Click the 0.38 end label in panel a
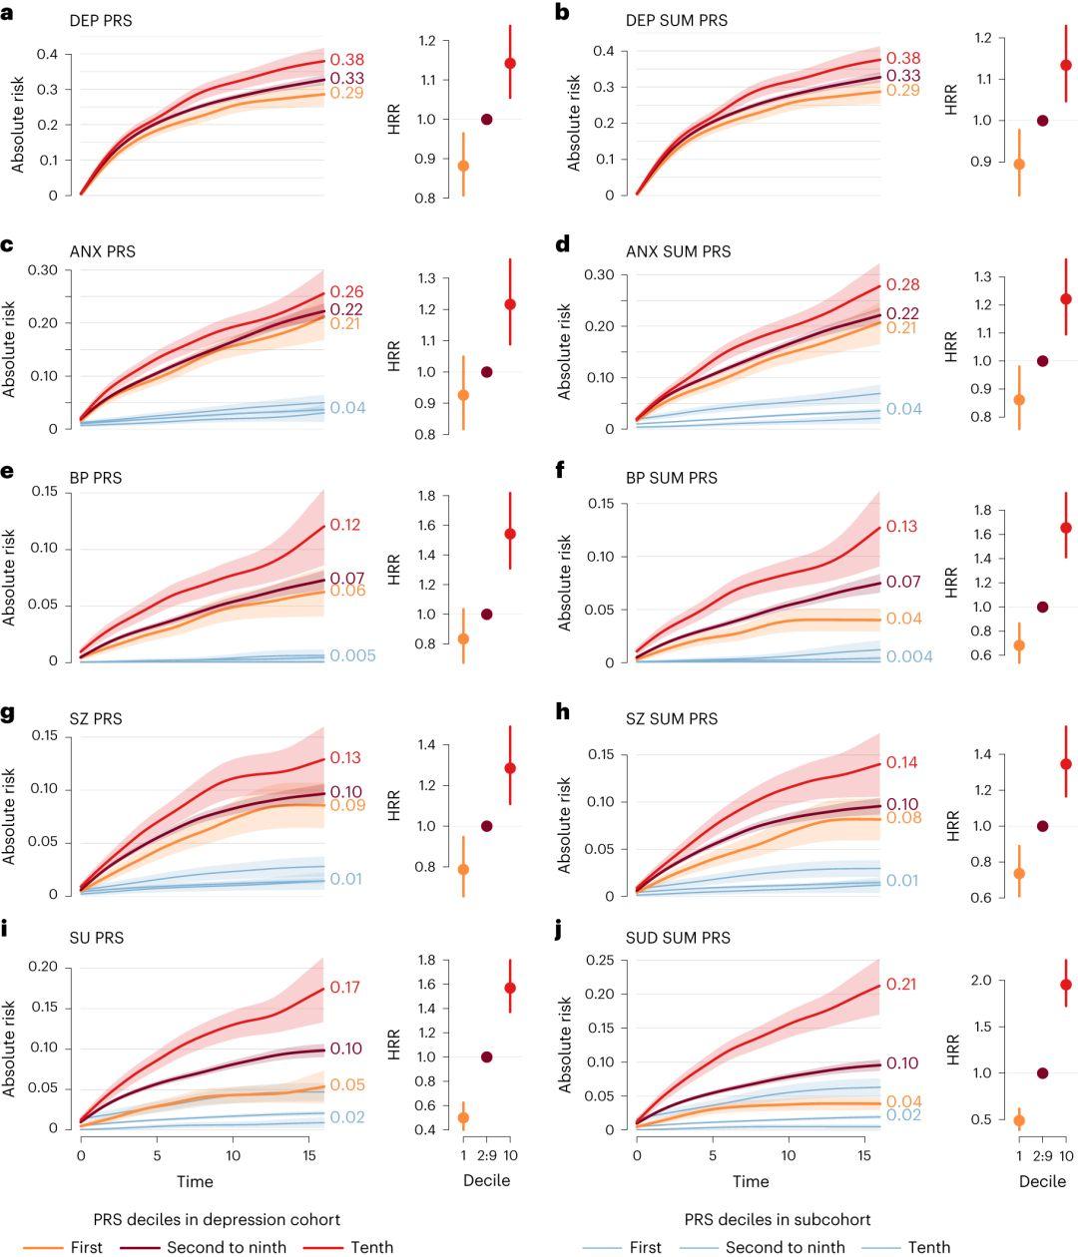coord(346,60)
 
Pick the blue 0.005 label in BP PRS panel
coord(352,655)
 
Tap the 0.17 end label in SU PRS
coord(346,988)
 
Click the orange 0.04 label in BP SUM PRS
coord(902,620)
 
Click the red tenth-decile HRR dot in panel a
coord(510,63)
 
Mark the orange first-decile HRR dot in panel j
coord(1019,1120)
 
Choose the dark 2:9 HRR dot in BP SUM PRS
coord(1043,607)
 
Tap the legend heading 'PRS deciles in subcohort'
coord(778,1219)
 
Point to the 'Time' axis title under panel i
coord(195,1181)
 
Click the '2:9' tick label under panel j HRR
coord(1042,1155)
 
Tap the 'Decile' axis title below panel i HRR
coord(486,1181)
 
